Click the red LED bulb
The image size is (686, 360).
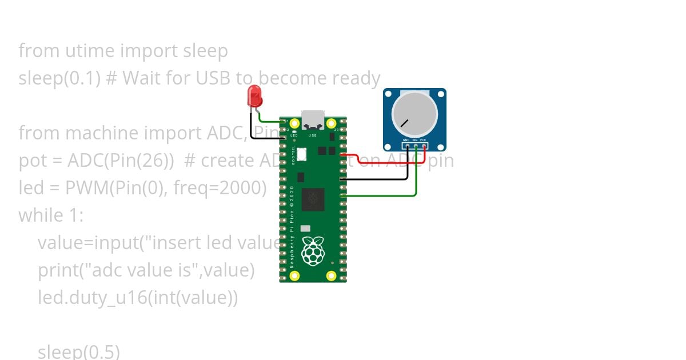pyautogui.click(x=254, y=96)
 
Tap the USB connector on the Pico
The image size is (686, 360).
pyautogui.click(x=313, y=119)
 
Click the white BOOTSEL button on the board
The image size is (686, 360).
pyautogui.click(x=301, y=154)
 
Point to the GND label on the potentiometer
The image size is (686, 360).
pyautogui.click(x=406, y=140)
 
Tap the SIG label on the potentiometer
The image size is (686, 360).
pyautogui.click(x=414, y=140)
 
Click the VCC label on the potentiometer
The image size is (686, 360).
pyautogui.click(x=423, y=140)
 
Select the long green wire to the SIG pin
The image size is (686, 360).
pyautogui.click(x=383, y=196)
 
